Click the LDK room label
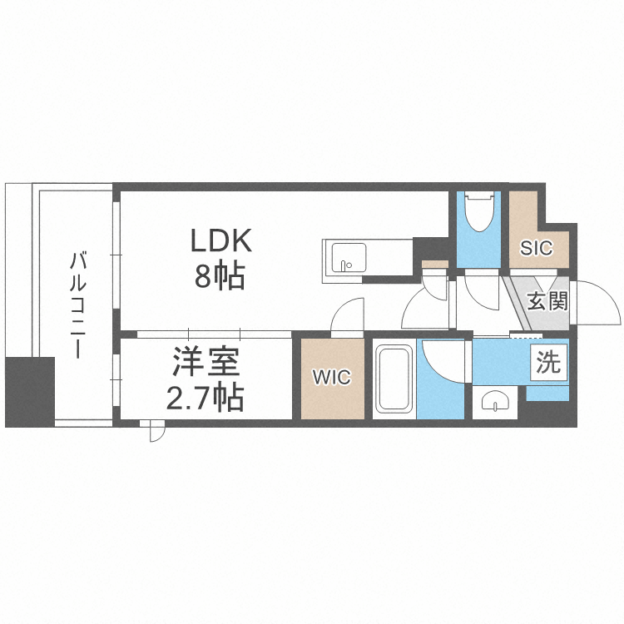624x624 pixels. pos(220,241)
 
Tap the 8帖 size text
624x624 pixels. pos(220,275)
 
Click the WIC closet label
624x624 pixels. pos(332,377)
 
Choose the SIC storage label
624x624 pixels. pos(537,247)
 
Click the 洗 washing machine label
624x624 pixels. pos(548,363)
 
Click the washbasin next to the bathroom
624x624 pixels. pos(495,403)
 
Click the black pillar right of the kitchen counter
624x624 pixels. pos(430,250)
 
